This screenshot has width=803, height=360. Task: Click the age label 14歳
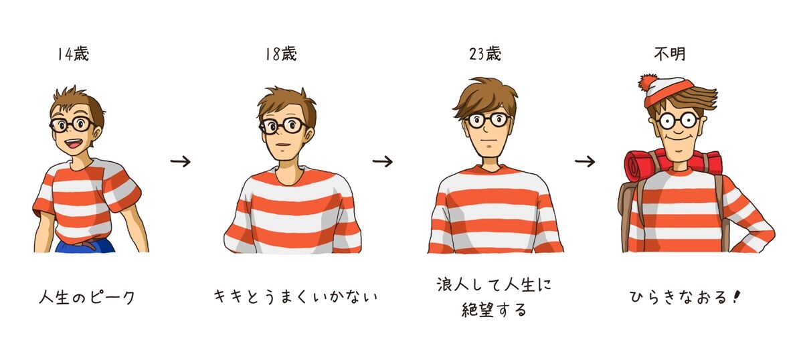point(74,54)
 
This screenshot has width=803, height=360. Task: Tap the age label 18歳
point(281,54)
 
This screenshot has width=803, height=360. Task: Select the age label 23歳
point(485,54)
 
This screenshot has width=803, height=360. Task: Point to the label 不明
point(670,54)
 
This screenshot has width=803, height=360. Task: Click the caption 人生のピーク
point(87,298)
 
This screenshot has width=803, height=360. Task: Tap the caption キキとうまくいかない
point(296,297)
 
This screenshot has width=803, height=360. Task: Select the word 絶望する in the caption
point(494,310)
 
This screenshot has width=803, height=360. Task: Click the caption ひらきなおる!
point(684,297)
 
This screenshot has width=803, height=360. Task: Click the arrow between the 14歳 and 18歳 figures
point(180,162)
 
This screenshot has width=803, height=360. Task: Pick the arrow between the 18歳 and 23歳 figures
point(383,162)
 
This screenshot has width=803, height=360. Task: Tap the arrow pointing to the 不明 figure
point(585,162)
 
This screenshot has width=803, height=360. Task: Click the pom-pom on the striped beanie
point(648,83)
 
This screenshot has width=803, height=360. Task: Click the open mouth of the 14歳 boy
point(74,144)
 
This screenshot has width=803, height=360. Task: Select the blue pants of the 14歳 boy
point(86,246)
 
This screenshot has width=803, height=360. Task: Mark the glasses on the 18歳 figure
point(283,126)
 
